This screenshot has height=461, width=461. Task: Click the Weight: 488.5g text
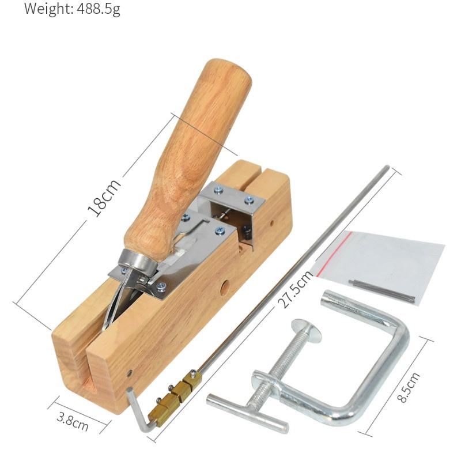(72, 9)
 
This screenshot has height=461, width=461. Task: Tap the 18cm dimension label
(104, 198)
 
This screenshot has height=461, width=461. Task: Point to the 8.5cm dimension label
(408, 387)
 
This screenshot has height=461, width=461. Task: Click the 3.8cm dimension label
(73, 421)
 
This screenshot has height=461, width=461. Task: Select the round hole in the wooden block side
(225, 287)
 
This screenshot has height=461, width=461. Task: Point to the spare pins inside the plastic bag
(381, 290)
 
